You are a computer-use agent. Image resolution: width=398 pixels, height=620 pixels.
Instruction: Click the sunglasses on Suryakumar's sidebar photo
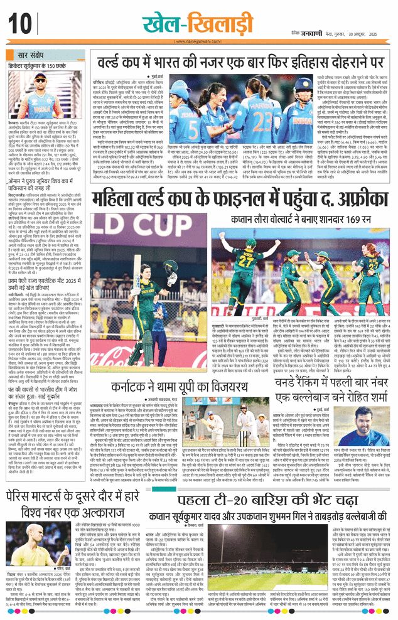click(x=41, y=82)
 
